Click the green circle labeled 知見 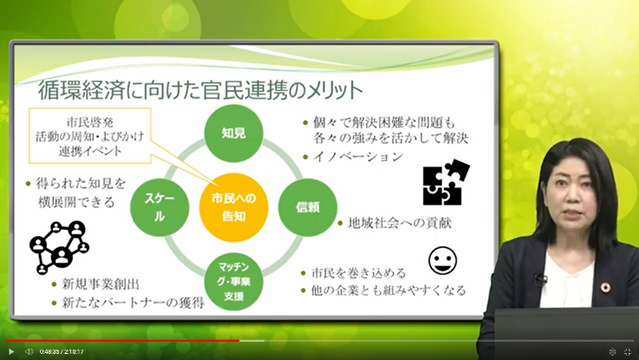click(x=233, y=133)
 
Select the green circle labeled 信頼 click(x=308, y=207)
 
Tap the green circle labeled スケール click(x=160, y=207)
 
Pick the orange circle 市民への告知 click(x=233, y=207)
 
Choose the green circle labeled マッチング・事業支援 click(x=233, y=281)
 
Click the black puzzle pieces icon click(x=447, y=182)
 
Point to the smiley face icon click(x=442, y=260)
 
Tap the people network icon click(x=60, y=247)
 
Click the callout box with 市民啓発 click(x=89, y=136)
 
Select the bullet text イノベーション click(x=358, y=157)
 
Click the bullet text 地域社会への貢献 click(x=400, y=224)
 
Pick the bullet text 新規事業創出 click(x=101, y=285)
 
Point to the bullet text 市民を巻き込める click(x=358, y=272)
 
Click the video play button click(x=11, y=351)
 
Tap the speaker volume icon click(x=29, y=351)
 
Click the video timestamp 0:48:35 click(x=49, y=351)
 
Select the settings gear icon click(x=612, y=351)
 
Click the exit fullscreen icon click(x=628, y=351)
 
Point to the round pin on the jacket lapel click(x=605, y=286)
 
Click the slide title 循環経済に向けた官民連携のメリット click(x=200, y=90)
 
